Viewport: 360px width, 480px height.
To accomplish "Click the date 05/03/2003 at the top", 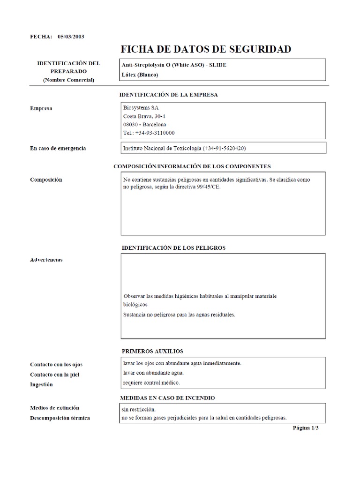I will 71,36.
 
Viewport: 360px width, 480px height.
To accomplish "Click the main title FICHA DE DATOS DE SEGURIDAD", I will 206,49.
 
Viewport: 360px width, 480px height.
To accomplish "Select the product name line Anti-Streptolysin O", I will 174,65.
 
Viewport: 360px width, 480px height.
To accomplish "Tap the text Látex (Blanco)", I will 141,75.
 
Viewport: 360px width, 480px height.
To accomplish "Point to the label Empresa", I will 41,108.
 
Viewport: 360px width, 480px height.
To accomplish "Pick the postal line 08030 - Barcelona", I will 144,124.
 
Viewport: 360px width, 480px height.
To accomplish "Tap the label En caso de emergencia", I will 58,148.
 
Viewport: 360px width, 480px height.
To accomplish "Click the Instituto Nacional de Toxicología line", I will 184,148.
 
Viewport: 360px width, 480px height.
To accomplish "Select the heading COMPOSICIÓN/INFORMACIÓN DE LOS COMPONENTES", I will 192,166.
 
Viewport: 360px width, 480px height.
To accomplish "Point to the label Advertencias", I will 46,259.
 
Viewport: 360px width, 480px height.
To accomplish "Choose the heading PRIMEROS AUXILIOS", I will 152,351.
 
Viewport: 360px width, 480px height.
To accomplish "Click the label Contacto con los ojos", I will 56,364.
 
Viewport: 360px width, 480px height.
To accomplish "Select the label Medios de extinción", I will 54,407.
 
